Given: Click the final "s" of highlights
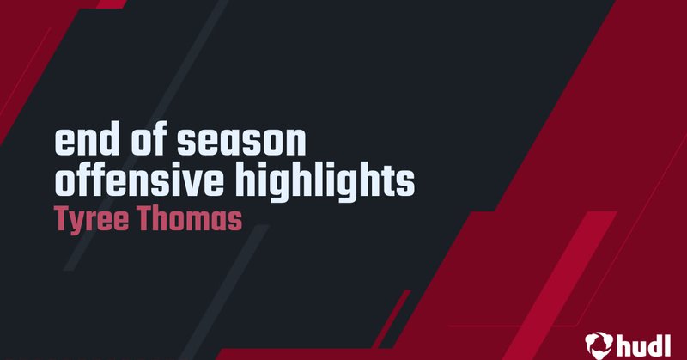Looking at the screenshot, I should pos(407,182).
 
